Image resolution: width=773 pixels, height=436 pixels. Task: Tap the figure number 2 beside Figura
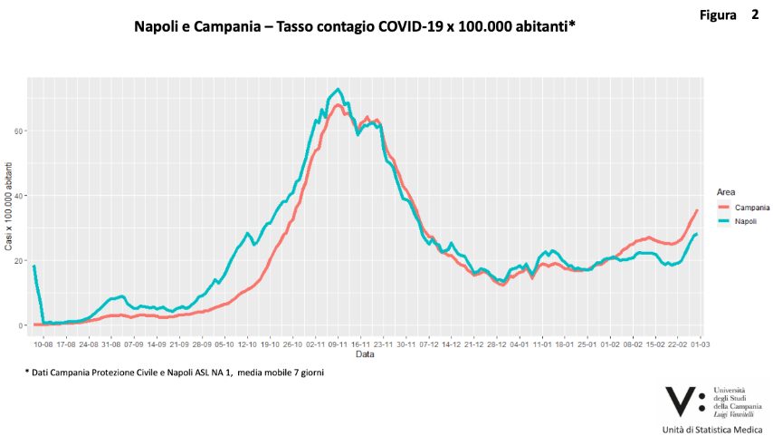tap(754, 15)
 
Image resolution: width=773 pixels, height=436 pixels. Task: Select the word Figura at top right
tap(718, 15)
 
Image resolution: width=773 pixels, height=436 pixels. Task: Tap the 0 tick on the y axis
tap(22, 325)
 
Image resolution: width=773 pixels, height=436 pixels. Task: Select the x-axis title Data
tap(364, 355)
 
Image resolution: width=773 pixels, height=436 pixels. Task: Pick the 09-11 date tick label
tap(339, 344)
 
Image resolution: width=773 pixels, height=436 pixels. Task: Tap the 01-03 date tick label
tap(700, 344)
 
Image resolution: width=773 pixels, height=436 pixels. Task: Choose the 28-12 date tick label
tap(497, 344)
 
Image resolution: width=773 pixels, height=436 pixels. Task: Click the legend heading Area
tap(725, 192)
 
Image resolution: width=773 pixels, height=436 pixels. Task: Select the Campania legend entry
tap(750, 208)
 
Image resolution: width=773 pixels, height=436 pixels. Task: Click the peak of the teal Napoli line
tap(338, 89)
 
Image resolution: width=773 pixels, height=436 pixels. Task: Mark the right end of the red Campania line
tap(696, 210)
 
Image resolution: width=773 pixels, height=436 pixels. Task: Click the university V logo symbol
tap(682, 400)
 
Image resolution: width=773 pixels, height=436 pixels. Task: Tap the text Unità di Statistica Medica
tap(714, 428)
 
